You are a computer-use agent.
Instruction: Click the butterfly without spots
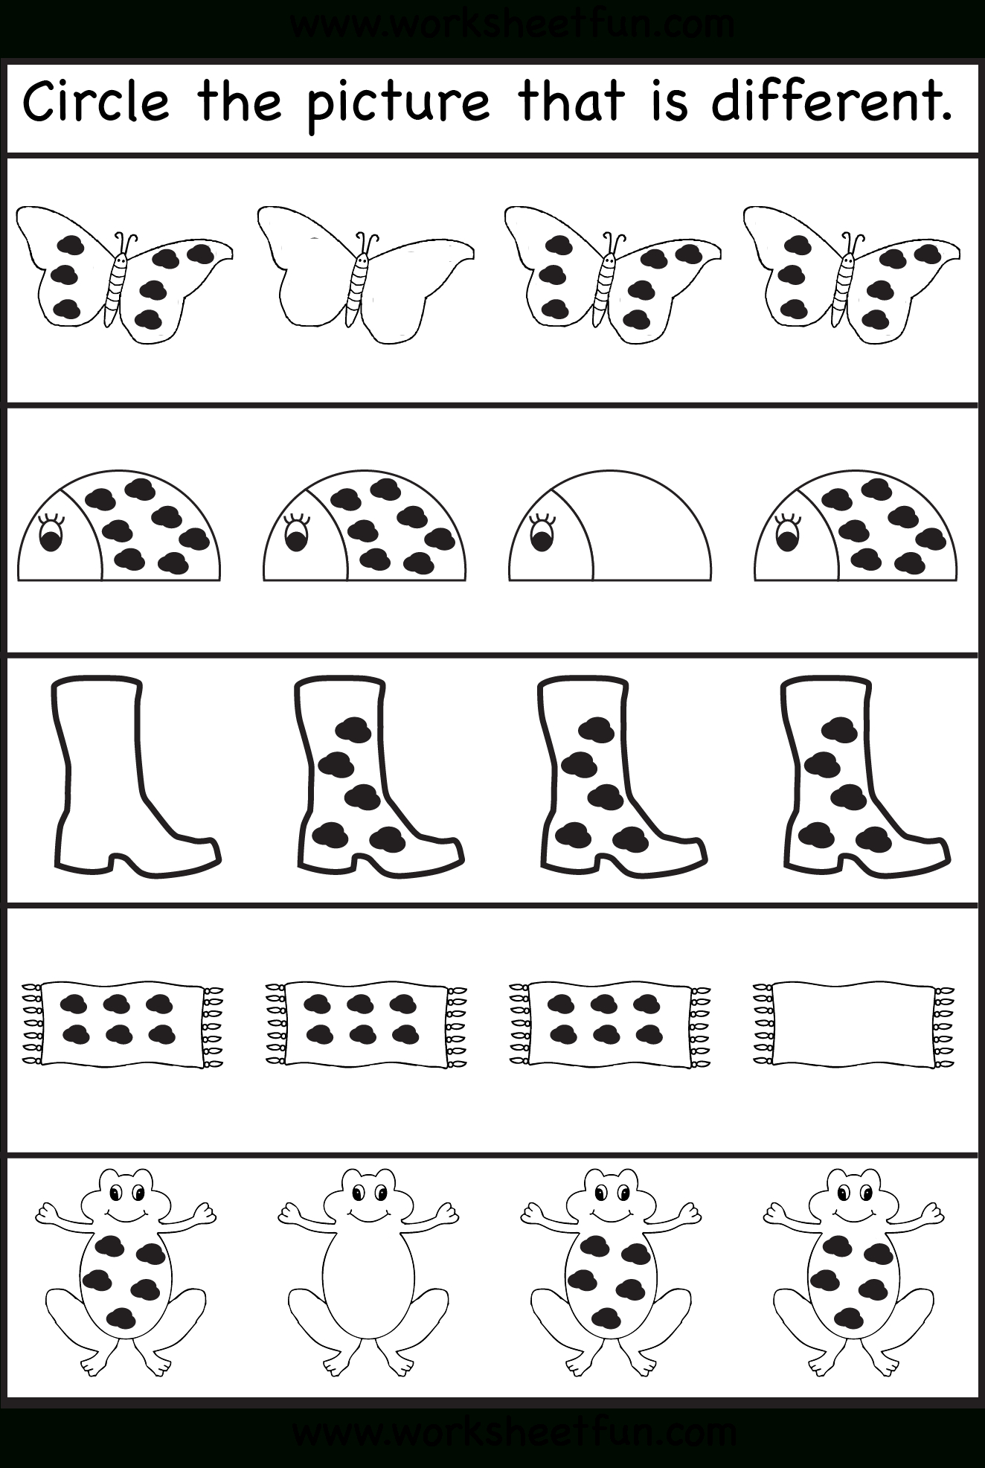[365, 275]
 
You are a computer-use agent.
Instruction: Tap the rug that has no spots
[853, 1024]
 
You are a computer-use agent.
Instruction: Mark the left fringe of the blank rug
[763, 1024]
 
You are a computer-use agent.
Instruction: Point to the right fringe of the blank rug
[944, 1024]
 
